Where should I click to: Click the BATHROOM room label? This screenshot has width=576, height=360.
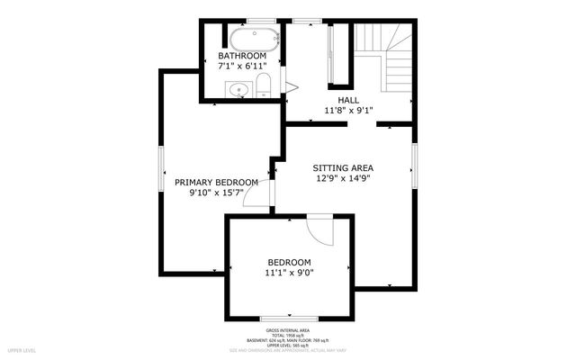pos(242,56)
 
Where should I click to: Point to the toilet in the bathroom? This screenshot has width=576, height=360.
pos(264,86)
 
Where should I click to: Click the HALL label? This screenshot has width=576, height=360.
pos(348,100)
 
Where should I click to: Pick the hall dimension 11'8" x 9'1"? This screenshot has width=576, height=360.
pos(348,111)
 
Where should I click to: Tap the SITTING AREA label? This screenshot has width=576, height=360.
pos(343,167)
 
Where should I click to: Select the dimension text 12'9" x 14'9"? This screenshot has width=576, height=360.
pos(343,178)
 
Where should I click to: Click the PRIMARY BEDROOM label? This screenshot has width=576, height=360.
pos(217,181)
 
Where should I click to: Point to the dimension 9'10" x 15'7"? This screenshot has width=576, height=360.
pos(217,192)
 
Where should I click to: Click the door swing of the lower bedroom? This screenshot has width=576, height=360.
pos(319,229)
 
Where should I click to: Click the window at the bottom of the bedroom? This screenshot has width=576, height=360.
pos(288,318)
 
